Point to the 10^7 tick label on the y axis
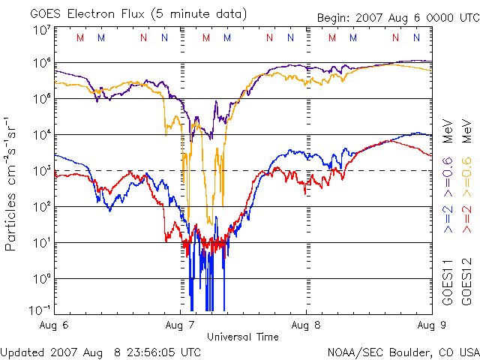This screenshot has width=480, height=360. tap(40, 31)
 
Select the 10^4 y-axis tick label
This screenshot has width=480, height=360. tap(40, 134)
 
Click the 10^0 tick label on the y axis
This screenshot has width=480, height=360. tap(40, 278)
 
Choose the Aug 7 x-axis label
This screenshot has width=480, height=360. tap(181, 325)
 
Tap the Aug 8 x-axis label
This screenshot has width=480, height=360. tap(306, 325)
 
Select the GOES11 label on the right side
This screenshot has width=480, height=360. tap(448, 280)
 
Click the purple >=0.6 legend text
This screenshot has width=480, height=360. tap(448, 169)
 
